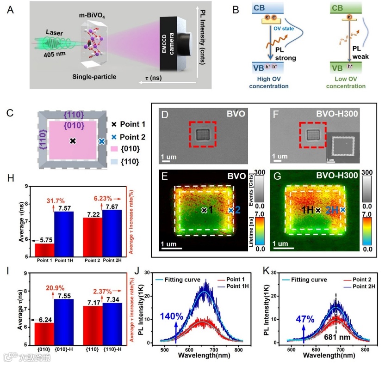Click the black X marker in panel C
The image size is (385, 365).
73,140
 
